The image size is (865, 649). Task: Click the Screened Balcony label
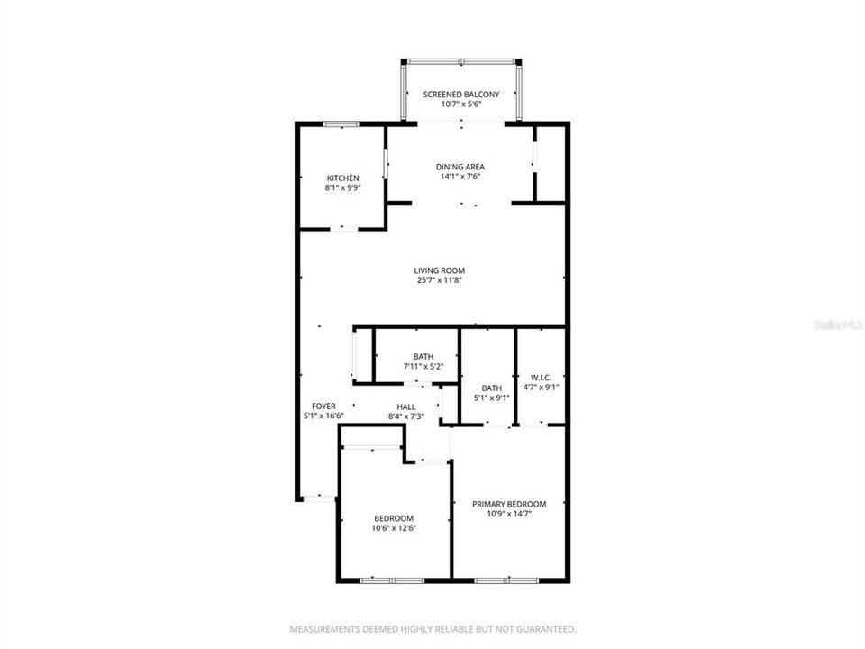pyautogui.click(x=461, y=94)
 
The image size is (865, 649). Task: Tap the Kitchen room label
pyautogui.click(x=342, y=178)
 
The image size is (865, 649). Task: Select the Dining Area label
pyautogui.click(x=460, y=167)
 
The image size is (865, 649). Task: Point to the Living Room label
pyautogui.click(x=440, y=270)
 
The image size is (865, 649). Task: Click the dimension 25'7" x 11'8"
pyautogui.click(x=440, y=279)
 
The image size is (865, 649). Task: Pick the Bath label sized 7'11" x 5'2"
pyautogui.click(x=423, y=357)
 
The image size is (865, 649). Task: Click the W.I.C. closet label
pyautogui.click(x=541, y=378)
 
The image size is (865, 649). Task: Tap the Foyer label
pyautogui.click(x=323, y=407)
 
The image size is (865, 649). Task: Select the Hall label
pyautogui.click(x=406, y=407)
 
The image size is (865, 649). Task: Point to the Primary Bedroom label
pyautogui.click(x=509, y=504)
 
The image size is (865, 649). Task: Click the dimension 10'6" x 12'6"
pyautogui.click(x=395, y=528)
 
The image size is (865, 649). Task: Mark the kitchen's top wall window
pyautogui.click(x=341, y=123)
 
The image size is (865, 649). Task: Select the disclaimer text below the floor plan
pyautogui.click(x=432, y=628)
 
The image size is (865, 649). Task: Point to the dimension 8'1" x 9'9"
pyautogui.click(x=342, y=188)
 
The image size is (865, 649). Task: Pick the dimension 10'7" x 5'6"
pyautogui.click(x=461, y=105)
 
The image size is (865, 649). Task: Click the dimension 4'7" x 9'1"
pyautogui.click(x=541, y=388)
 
